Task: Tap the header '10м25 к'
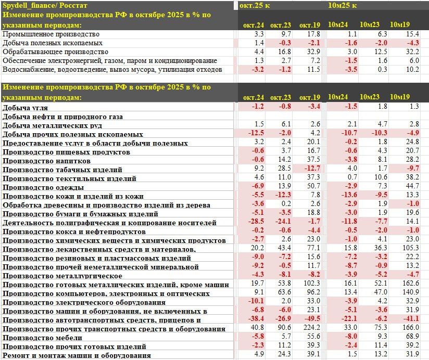click(x=342, y=5)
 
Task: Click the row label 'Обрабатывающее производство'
click(x=55, y=52)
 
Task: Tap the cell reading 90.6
click(x=281, y=328)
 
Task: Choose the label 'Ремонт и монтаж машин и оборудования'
click(x=77, y=355)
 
